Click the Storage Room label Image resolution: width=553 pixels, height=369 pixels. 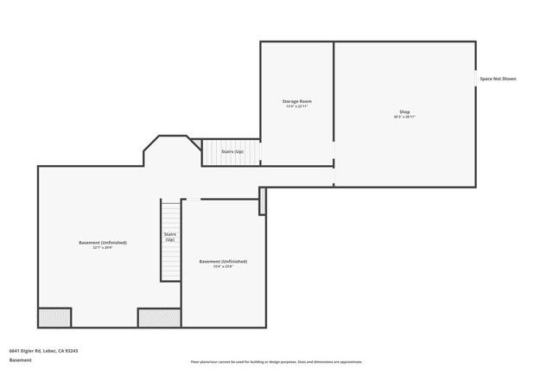pyautogui.click(x=296, y=101)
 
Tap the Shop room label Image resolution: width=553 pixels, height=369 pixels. pyautogui.click(x=404, y=111)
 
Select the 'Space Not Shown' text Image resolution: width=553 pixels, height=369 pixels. pyautogui.click(x=499, y=79)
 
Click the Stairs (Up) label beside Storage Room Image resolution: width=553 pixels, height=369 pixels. pyautogui.click(x=232, y=151)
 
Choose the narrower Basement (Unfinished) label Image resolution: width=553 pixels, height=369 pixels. pyautogui.click(x=223, y=261)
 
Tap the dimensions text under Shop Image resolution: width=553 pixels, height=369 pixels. pyautogui.click(x=404, y=118)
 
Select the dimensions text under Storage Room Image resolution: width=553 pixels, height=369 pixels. pyautogui.click(x=296, y=106)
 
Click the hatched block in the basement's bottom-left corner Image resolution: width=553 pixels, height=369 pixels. pyautogui.click(x=54, y=317)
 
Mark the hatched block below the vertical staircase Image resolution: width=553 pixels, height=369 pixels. pyautogui.click(x=159, y=317)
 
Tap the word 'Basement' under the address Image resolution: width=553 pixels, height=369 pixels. pyautogui.click(x=20, y=360)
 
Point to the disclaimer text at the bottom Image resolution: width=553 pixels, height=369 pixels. pyautogui.click(x=276, y=362)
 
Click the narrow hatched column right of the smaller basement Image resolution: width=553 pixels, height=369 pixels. pyautogui.click(x=263, y=200)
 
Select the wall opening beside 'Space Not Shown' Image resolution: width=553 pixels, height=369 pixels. pyautogui.click(x=475, y=79)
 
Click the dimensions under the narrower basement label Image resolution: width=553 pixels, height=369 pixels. pyautogui.click(x=223, y=266)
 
